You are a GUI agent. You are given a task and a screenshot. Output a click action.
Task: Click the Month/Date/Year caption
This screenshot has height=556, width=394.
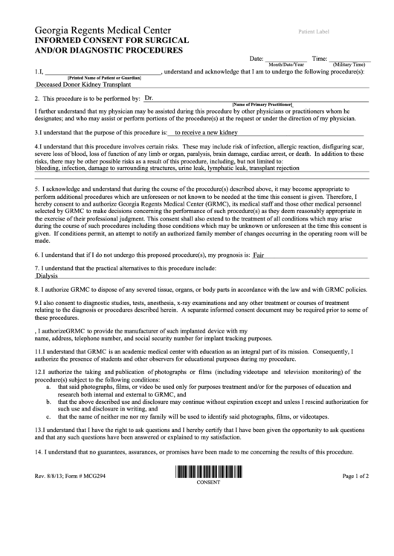click(x=285, y=65)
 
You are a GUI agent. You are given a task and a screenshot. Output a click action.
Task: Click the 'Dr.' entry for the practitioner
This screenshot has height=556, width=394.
click(x=149, y=97)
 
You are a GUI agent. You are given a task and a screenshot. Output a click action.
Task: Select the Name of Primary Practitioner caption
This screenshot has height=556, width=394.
click(x=262, y=104)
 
